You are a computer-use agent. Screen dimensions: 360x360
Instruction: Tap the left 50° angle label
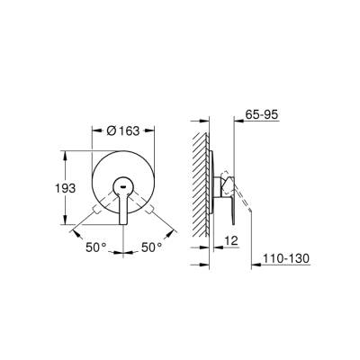point(95,246)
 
